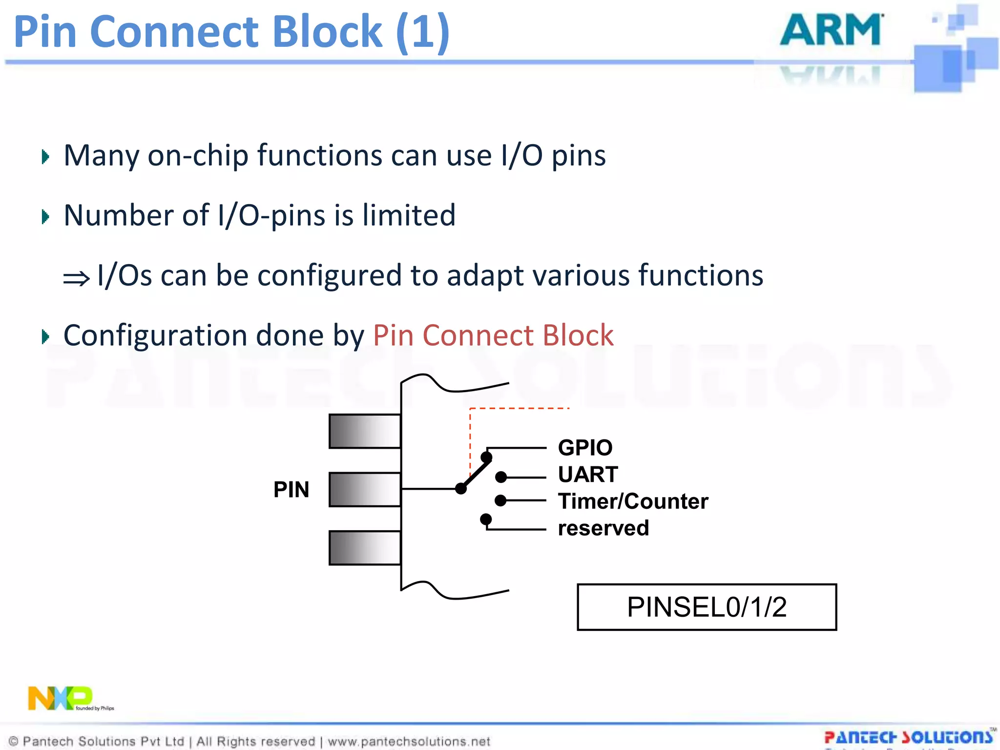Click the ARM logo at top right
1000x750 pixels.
pyautogui.click(x=832, y=30)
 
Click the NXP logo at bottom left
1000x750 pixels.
pyautogui.click(x=61, y=698)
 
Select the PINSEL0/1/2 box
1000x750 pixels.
pyautogui.click(x=707, y=607)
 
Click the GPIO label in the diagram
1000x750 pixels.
pyautogui.click(x=585, y=447)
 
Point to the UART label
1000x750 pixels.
pyautogui.click(x=588, y=474)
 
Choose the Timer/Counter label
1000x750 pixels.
pyautogui.click(x=633, y=501)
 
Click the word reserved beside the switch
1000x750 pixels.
pyautogui.click(x=604, y=528)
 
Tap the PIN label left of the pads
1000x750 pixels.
pyautogui.click(x=291, y=489)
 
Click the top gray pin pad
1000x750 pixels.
pyautogui.click(x=365, y=431)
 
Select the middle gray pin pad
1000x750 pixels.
pyautogui.click(x=365, y=489)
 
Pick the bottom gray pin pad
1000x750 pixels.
pyautogui.click(x=365, y=548)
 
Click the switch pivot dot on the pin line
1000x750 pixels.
pyautogui.click(x=460, y=488)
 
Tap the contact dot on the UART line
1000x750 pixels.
pyautogui.click(x=501, y=477)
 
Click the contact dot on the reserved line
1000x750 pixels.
pyautogui.click(x=486, y=519)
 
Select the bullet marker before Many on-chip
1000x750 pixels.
pyautogui.click(x=45, y=157)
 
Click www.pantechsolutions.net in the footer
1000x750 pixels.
pyautogui.click(x=409, y=741)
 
